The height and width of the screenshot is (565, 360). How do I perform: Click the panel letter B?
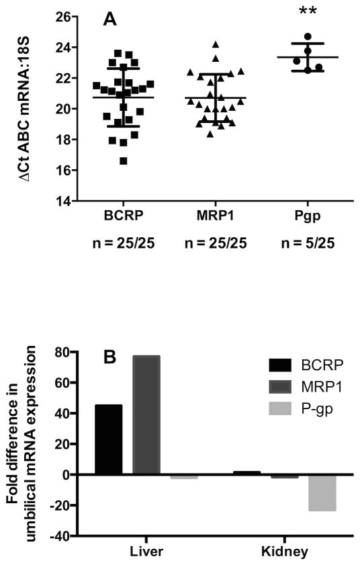coord(110,357)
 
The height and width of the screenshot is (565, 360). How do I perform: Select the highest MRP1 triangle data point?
coord(216,44)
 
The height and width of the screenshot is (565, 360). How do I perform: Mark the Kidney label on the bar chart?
coord(284,551)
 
